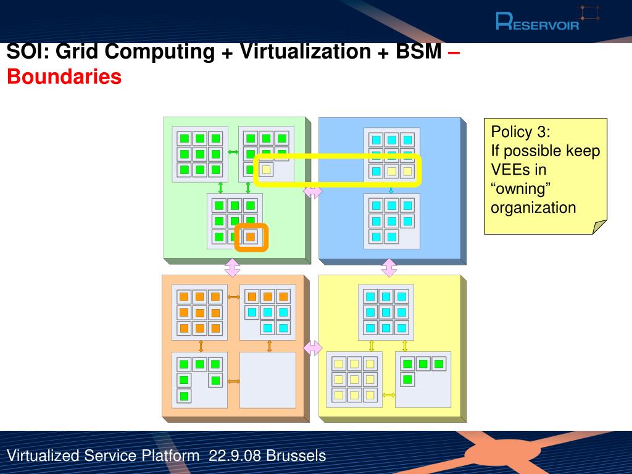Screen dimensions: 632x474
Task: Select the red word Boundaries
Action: (64, 77)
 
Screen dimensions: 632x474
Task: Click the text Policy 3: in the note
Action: (520, 132)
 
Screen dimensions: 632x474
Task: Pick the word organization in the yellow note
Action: (533, 207)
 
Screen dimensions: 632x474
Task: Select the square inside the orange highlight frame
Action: (251, 237)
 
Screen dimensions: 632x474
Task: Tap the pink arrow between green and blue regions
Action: (313, 192)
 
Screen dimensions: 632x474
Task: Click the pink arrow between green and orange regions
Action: (232, 268)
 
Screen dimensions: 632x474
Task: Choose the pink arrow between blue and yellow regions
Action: (389, 268)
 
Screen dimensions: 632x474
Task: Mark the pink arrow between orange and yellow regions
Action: (313, 348)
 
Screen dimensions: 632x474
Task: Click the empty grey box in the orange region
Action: (268, 380)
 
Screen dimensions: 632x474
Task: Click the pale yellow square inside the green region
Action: (266, 169)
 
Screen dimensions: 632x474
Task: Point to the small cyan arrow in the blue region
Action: (391, 189)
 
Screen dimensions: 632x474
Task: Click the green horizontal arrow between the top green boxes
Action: (233, 152)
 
